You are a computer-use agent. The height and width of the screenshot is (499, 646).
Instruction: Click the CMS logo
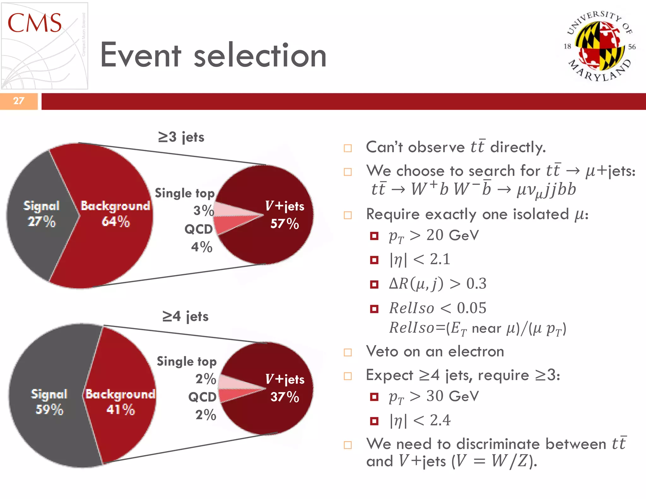click(44, 46)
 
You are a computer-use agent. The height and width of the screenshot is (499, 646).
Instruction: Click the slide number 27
click(19, 101)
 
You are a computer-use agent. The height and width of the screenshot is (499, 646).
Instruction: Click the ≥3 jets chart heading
click(181, 137)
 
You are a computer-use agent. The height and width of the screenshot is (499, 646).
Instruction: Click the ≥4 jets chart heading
click(185, 316)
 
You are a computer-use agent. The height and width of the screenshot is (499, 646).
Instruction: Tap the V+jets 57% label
click(285, 215)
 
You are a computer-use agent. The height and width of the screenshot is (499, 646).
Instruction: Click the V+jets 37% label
click(285, 388)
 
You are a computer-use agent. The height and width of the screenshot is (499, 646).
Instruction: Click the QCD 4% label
click(200, 238)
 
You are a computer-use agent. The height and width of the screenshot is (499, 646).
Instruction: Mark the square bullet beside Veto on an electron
click(348, 352)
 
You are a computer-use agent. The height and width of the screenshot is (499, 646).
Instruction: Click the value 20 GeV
click(452, 235)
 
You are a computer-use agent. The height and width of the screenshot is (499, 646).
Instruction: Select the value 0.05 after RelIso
click(472, 308)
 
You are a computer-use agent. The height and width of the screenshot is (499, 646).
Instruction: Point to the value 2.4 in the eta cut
click(440, 420)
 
